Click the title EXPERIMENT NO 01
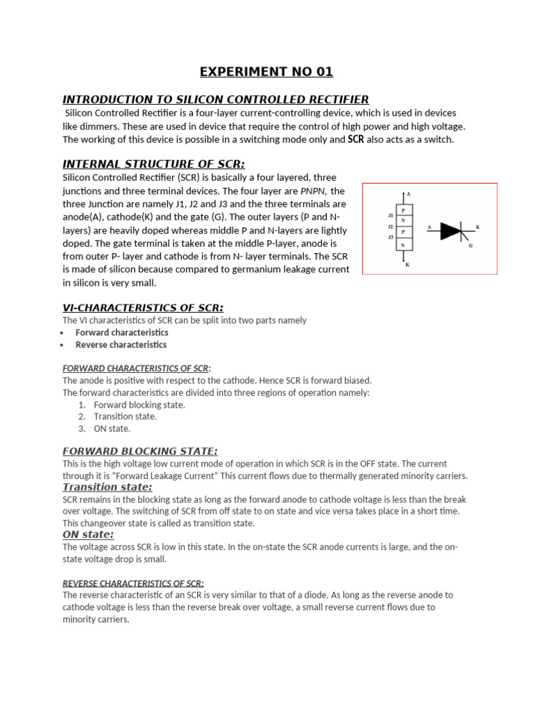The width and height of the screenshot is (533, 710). (x=266, y=71)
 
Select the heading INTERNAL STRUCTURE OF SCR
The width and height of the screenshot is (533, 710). (x=153, y=164)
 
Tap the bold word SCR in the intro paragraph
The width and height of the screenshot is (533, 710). (x=355, y=139)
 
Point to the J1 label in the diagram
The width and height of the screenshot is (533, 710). (x=391, y=216)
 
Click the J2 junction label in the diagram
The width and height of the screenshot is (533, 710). (x=391, y=227)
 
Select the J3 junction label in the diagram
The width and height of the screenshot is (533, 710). (x=391, y=238)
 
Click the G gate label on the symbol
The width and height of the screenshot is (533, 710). (x=471, y=245)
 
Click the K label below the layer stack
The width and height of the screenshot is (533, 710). (x=407, y=264)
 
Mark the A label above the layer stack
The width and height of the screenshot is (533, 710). (x=408, y=194)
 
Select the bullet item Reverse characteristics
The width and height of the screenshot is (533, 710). (x=121, y=345)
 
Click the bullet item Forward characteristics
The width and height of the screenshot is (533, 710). (x=121, y=332)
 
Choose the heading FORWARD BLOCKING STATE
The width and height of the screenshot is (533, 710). (x=139, y=451)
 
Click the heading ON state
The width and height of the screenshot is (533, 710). (x=88, y=535)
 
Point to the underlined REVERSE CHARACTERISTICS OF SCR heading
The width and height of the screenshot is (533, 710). (x=133, y=582)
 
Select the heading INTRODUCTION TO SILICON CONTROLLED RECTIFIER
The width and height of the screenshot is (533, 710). (x=215, y=99)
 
